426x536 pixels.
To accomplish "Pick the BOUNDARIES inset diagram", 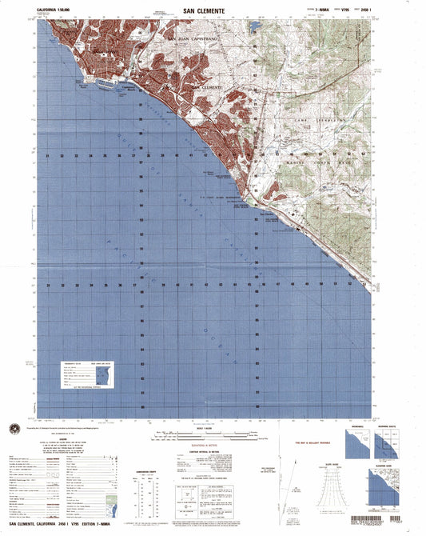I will (x=357, y=441).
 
